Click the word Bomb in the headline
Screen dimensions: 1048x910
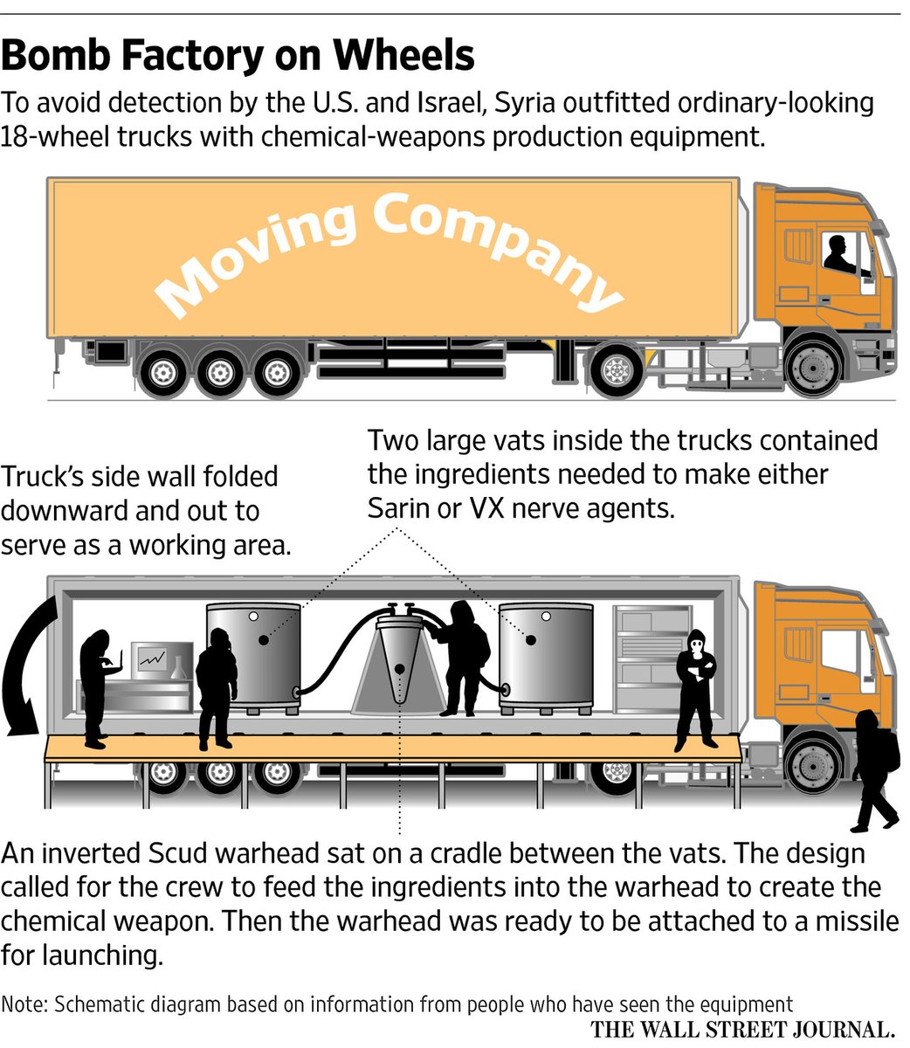[x=57, y=55]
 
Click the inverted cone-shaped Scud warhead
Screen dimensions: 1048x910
[x=399, y=664]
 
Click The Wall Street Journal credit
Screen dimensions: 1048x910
[x=744, y=1030]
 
